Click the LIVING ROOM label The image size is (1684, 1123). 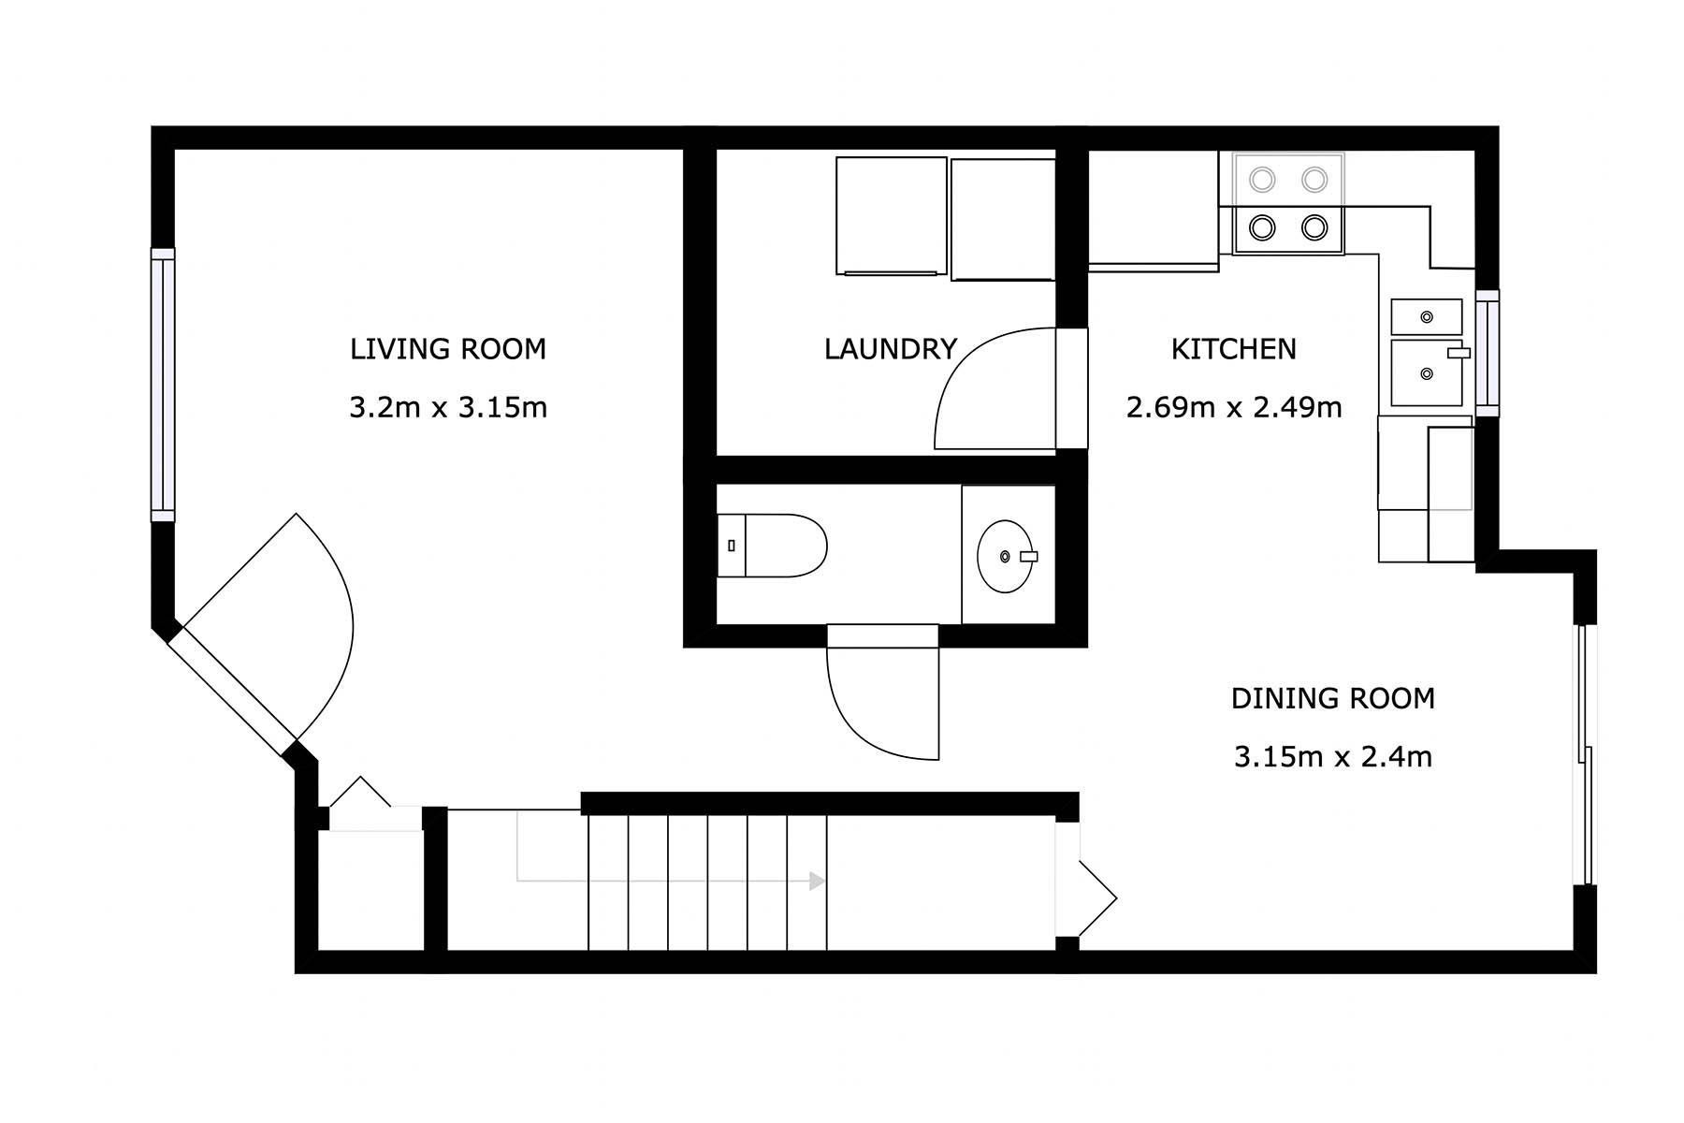pos(448,349)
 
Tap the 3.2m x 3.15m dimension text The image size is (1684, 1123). pos(448,408)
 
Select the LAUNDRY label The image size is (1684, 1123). pos(891,349)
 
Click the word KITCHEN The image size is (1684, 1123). pos(1234,349)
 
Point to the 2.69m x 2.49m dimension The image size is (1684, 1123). pos(1234,408)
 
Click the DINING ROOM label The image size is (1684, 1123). pos(1333,698)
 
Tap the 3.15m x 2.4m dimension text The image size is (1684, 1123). pos(1333,756)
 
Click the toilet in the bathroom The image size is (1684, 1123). pos(772,545)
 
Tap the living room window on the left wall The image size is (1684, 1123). pos(163,385)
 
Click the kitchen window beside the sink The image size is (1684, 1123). pos(1488,353)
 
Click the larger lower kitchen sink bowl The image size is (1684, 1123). pos(1427,373)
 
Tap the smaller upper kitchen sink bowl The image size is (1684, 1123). pos(1427,317)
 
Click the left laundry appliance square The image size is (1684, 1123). pos(891,216)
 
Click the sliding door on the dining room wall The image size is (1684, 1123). pos(1585,754)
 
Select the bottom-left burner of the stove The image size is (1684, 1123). pos(1263,227)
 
